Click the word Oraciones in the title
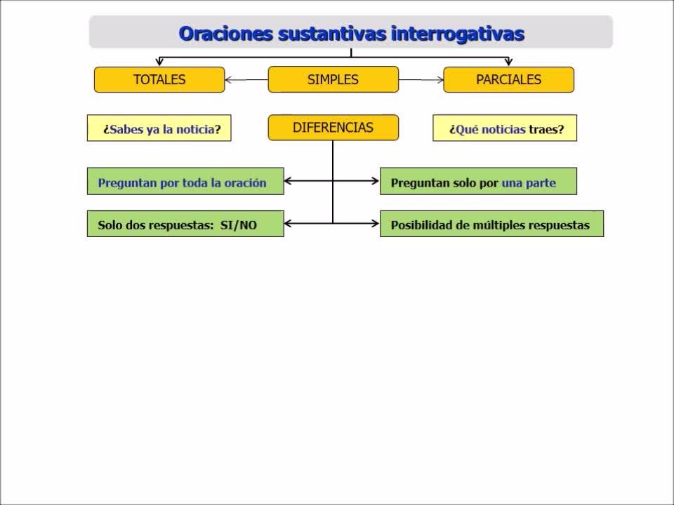tap(225, 34)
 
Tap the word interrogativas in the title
tap(458, 34)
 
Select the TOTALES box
tap(159, 79)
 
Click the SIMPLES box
tap(333, 79)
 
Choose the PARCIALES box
tap(508, 79)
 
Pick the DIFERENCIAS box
tap(333, 128)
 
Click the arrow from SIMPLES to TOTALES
tap(246, 80)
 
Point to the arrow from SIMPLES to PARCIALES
tap(421, 80)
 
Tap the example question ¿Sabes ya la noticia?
tap(159, 128)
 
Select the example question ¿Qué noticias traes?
tap(505, 128)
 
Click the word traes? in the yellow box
tap(546, 129)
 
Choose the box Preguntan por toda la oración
tap(185, 181)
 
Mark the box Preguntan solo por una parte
tap(478, 181)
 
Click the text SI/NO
tap(239, 225)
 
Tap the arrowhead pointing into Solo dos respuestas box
tap(288, 223)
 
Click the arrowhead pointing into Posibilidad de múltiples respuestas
tap(375, 223)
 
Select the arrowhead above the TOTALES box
tap(159, 62)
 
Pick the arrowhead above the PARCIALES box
tap(509, 62)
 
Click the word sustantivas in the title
tap(332, 34)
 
